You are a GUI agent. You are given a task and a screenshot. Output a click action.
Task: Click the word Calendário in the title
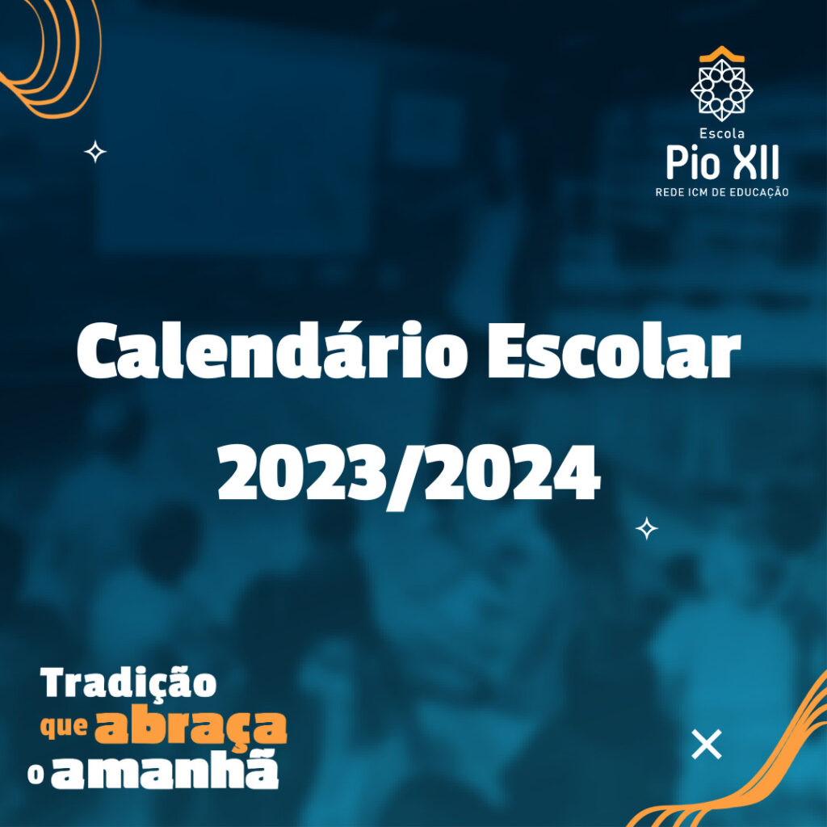point(272,350)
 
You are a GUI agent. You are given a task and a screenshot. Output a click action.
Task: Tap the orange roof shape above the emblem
point(721,52)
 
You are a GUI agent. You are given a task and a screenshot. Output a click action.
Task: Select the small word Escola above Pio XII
point(721,133)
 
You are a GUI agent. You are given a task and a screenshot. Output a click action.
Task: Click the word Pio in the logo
point(693,162)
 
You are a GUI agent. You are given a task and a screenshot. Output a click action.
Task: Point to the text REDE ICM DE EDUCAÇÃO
point(721,192)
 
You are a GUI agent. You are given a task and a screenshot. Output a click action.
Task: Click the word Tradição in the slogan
point(128,684)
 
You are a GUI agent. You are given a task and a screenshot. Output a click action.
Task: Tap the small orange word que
point(64,728)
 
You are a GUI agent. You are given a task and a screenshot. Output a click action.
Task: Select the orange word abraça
point(191,728)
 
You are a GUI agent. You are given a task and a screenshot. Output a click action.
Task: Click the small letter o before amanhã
point(36,775)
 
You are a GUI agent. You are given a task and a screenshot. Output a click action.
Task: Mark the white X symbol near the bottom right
point(706,744)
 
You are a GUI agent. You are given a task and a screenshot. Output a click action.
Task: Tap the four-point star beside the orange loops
point(95,152)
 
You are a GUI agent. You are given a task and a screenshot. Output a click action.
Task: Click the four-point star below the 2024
point(647,528)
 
